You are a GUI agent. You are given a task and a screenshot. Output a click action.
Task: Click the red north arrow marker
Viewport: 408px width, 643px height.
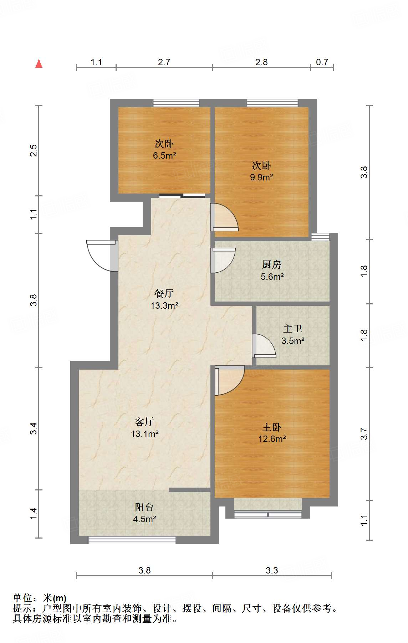pyautogui.click(x=39, y=64)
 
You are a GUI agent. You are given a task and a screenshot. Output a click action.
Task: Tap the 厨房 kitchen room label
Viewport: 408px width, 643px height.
pyautogui.click(x=272, y=264)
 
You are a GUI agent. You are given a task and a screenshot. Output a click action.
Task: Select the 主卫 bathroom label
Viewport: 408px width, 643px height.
pyautogui.click(x=293, y=329)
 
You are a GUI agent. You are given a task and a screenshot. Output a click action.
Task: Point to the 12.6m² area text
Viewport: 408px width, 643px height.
pyautogui.click(x=272, y=439)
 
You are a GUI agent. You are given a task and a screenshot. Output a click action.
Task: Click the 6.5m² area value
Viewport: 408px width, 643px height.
pyautogui.click(x=164, y=155)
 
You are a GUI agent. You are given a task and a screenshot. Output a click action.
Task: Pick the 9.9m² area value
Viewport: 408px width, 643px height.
pyautogui.click(x=261, y=177)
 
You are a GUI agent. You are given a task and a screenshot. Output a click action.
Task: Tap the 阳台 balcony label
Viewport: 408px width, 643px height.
pyautogui.click(x=144, y=507)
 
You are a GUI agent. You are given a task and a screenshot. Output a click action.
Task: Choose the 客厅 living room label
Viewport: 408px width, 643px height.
pyautogui.click(x=144, y=422)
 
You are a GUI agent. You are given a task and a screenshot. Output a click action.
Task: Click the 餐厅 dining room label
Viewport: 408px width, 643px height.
pyautogui.click(x=164, y=293)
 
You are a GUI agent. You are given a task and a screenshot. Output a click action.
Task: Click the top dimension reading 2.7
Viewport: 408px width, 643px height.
pyautogui.click(x=164, y=62)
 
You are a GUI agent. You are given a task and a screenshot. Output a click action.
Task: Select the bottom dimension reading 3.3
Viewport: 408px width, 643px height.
pyautogui.click(x=272, y=570)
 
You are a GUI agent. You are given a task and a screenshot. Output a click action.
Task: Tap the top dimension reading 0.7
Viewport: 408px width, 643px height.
pyautogui.click(x=322, y=62)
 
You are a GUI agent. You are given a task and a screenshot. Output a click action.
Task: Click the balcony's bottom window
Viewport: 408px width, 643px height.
pyautogui.click(x=132, y=540)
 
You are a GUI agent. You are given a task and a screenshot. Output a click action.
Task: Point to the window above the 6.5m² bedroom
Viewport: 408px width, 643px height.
pyautogui.click(x=176, y=103)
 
